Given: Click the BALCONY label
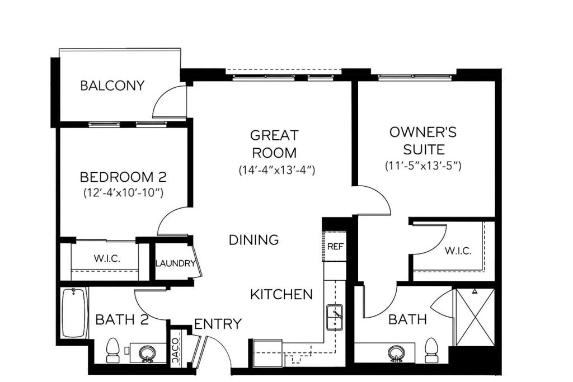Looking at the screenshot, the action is click(112, 86).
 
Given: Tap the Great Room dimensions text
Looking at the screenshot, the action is click(276, 170).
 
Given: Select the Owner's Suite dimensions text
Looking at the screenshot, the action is click(423, 166).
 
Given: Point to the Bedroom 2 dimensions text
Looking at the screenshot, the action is click(123, 192).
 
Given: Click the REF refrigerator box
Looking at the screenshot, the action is click(335, 247).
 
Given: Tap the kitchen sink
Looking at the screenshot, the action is click(335, 317).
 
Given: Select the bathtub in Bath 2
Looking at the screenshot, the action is click(74, 313).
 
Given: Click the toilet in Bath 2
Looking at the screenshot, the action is click(112, 350).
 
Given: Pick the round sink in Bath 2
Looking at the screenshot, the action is click(148, 353).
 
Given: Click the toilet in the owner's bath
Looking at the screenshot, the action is click(431, 350).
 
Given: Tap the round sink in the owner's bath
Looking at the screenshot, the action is click(396, 353).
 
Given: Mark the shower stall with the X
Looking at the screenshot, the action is click(475, 317).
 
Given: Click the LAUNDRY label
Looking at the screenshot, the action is click(175, 263).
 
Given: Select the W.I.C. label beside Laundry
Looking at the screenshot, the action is click(107, 258).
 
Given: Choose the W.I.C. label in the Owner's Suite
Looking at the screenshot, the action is click(458, 251).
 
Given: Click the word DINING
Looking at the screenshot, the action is click(253, 240).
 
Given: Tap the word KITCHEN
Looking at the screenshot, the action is click(281, 294).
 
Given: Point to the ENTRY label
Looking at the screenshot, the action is click(218, 324).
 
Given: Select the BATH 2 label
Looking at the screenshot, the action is click(122, 320).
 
